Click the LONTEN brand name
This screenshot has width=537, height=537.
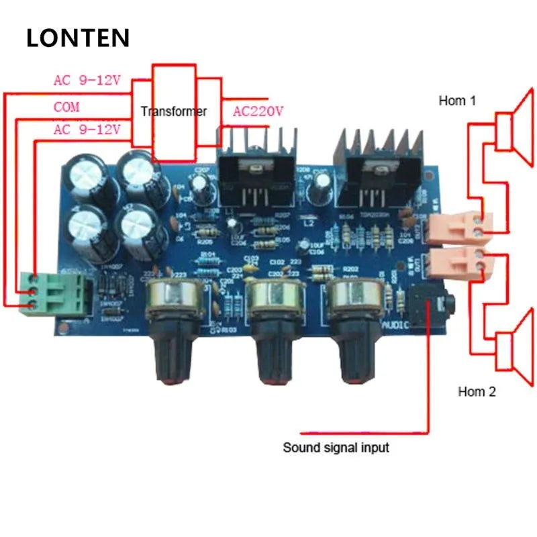point(77,38)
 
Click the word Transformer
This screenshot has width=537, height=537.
point(174,111)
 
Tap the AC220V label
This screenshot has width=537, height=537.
point(258,111)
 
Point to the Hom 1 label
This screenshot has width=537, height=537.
point(457,101)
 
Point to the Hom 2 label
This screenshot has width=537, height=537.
point(477,392)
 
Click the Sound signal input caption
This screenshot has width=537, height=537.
point(335,447)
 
